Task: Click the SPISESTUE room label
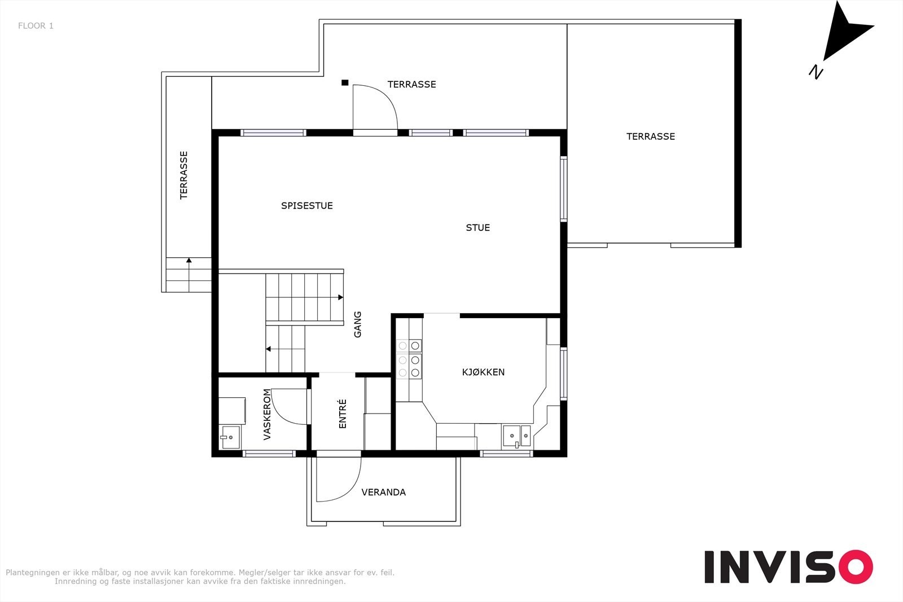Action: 307,206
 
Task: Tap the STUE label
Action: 477,228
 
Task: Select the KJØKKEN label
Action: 483,372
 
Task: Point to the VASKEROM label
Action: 267,414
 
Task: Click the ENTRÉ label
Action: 343,414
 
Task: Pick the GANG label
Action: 358,324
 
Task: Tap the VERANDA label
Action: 383,492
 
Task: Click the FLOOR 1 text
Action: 36,26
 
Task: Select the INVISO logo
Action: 788,566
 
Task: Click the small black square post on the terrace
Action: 345,82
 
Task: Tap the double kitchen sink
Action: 517,436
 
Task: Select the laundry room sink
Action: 230,437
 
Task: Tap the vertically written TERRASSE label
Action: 184,175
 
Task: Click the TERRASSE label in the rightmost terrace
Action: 650,137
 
